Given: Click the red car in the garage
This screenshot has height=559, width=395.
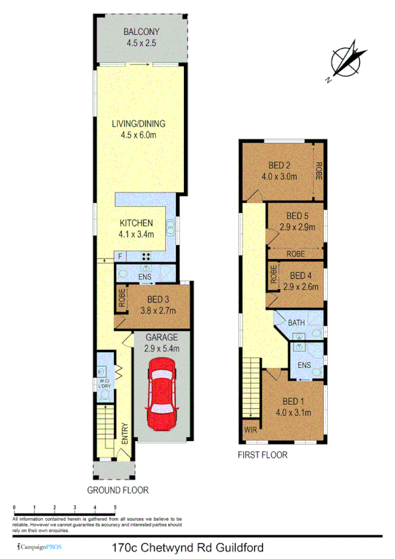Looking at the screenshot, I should (x=162, y=393).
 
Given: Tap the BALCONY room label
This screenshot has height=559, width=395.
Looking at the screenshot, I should (x=142, y=32).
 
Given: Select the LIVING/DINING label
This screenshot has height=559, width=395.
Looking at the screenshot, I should (x=142, y=123).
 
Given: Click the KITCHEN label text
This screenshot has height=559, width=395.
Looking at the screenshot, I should (x=137, y=223).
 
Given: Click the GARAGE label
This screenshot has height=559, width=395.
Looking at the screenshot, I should (x=162, y=337).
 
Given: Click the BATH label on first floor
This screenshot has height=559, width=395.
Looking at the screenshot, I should (x=297, y=322).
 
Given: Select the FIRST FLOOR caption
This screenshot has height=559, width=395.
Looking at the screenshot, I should (x=263, y=455).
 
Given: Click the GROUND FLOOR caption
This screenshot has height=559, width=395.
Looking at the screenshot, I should (x=118, y=490).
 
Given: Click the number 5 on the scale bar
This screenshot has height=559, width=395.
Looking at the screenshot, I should (x=115, y=507).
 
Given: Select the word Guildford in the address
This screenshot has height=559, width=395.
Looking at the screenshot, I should (x=247, y=547).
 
